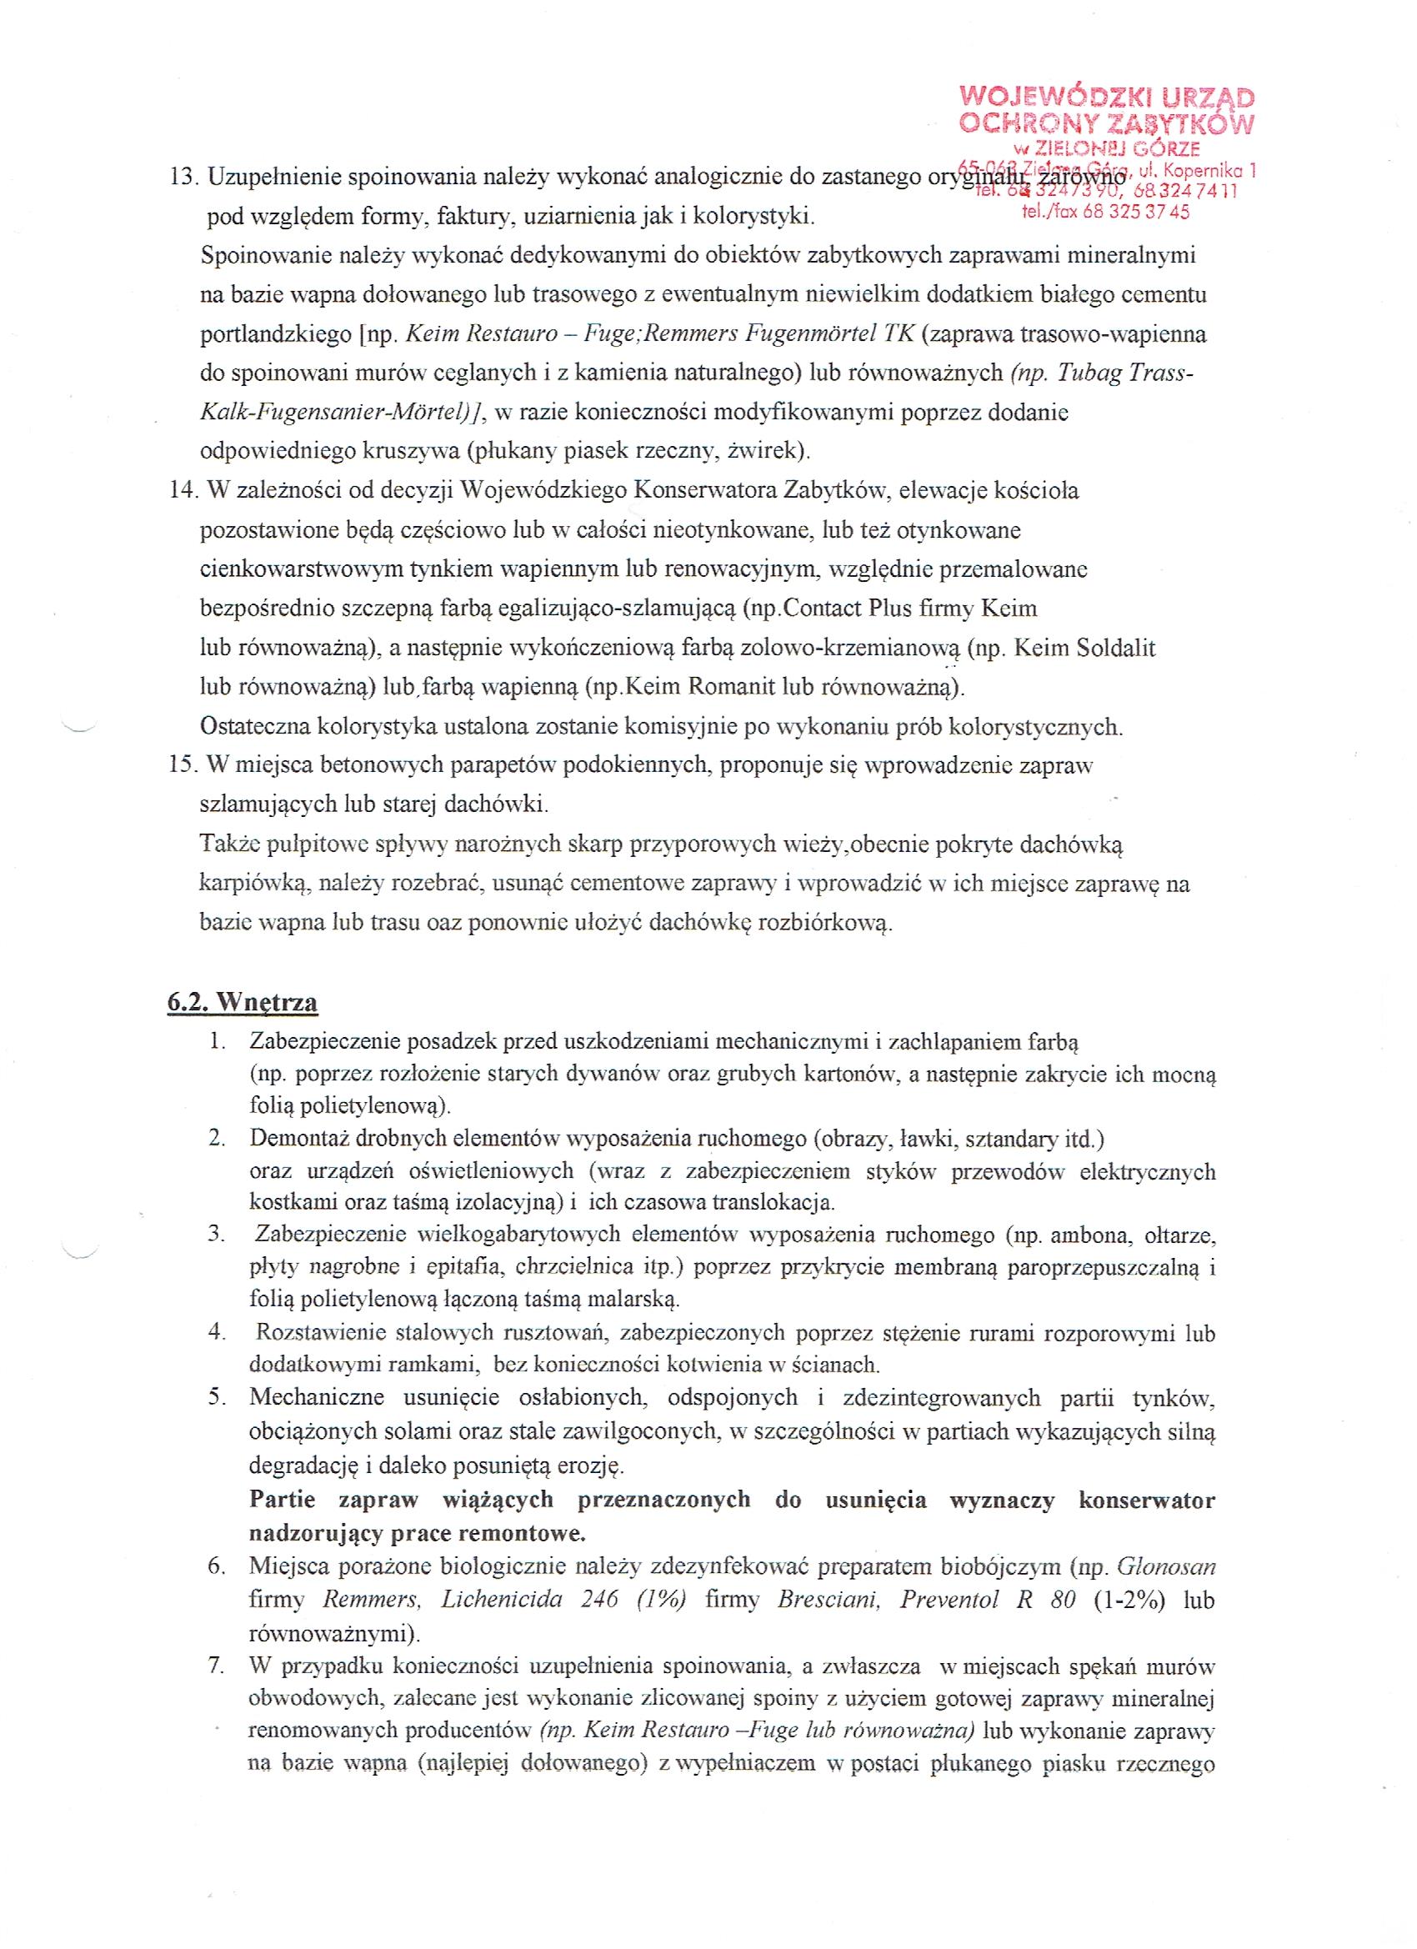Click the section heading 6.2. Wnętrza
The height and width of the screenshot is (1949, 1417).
point(243,1002)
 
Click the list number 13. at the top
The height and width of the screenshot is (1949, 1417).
point(184,177)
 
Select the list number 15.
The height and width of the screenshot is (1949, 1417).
point(184,764)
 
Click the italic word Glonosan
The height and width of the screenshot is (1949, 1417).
point(1166,1566)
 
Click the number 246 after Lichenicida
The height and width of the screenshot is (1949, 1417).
point(599,1598)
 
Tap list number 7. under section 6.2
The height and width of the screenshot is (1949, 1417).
point(217,1666)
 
